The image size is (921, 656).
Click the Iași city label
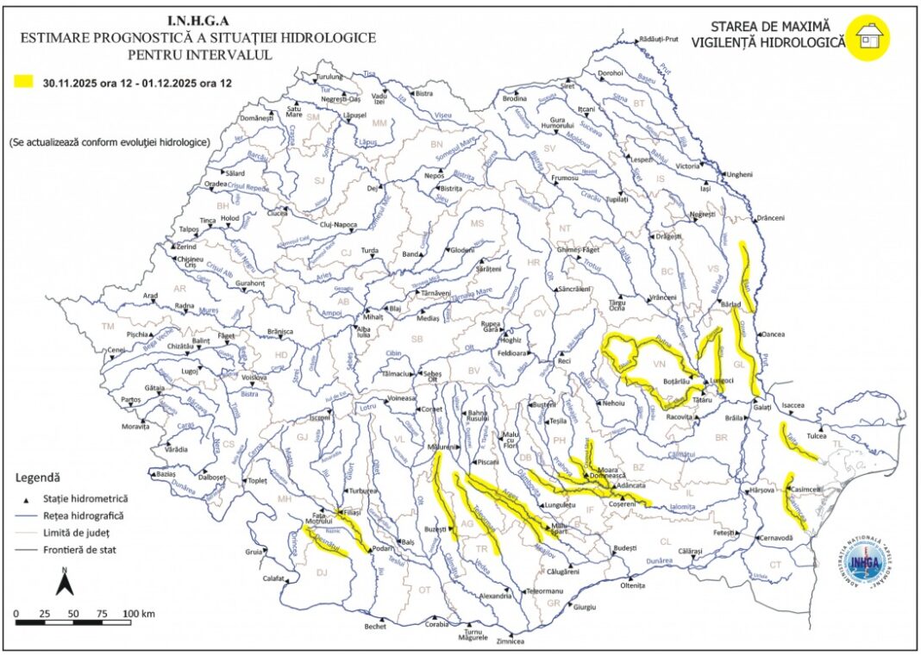(x=705, y=188)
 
